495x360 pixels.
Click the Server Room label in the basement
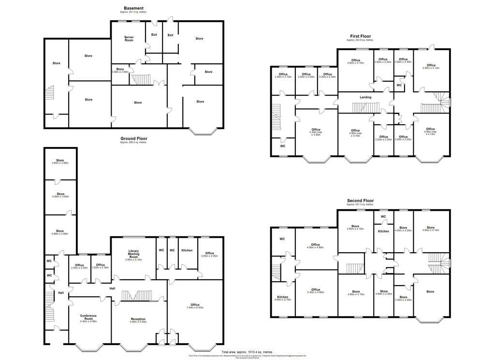[129, 39]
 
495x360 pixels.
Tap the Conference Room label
[88, 317]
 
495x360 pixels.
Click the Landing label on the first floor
[365, 97]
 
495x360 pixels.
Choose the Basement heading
[133, 8]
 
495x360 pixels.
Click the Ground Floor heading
[133, 139]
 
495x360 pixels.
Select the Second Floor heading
[361, 201]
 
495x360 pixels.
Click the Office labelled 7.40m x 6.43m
[195, 306]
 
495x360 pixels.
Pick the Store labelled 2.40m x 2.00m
[120, 71]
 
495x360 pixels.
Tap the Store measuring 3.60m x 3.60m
[60, 162]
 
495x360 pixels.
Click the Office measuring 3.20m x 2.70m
[283, 75]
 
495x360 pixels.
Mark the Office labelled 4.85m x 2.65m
[209, 254]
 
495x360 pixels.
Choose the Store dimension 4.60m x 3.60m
[60, 232]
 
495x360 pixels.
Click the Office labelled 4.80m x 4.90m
[316, 246]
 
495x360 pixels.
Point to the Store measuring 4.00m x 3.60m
[60, 195]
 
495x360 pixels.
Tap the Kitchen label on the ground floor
[187, 250]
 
